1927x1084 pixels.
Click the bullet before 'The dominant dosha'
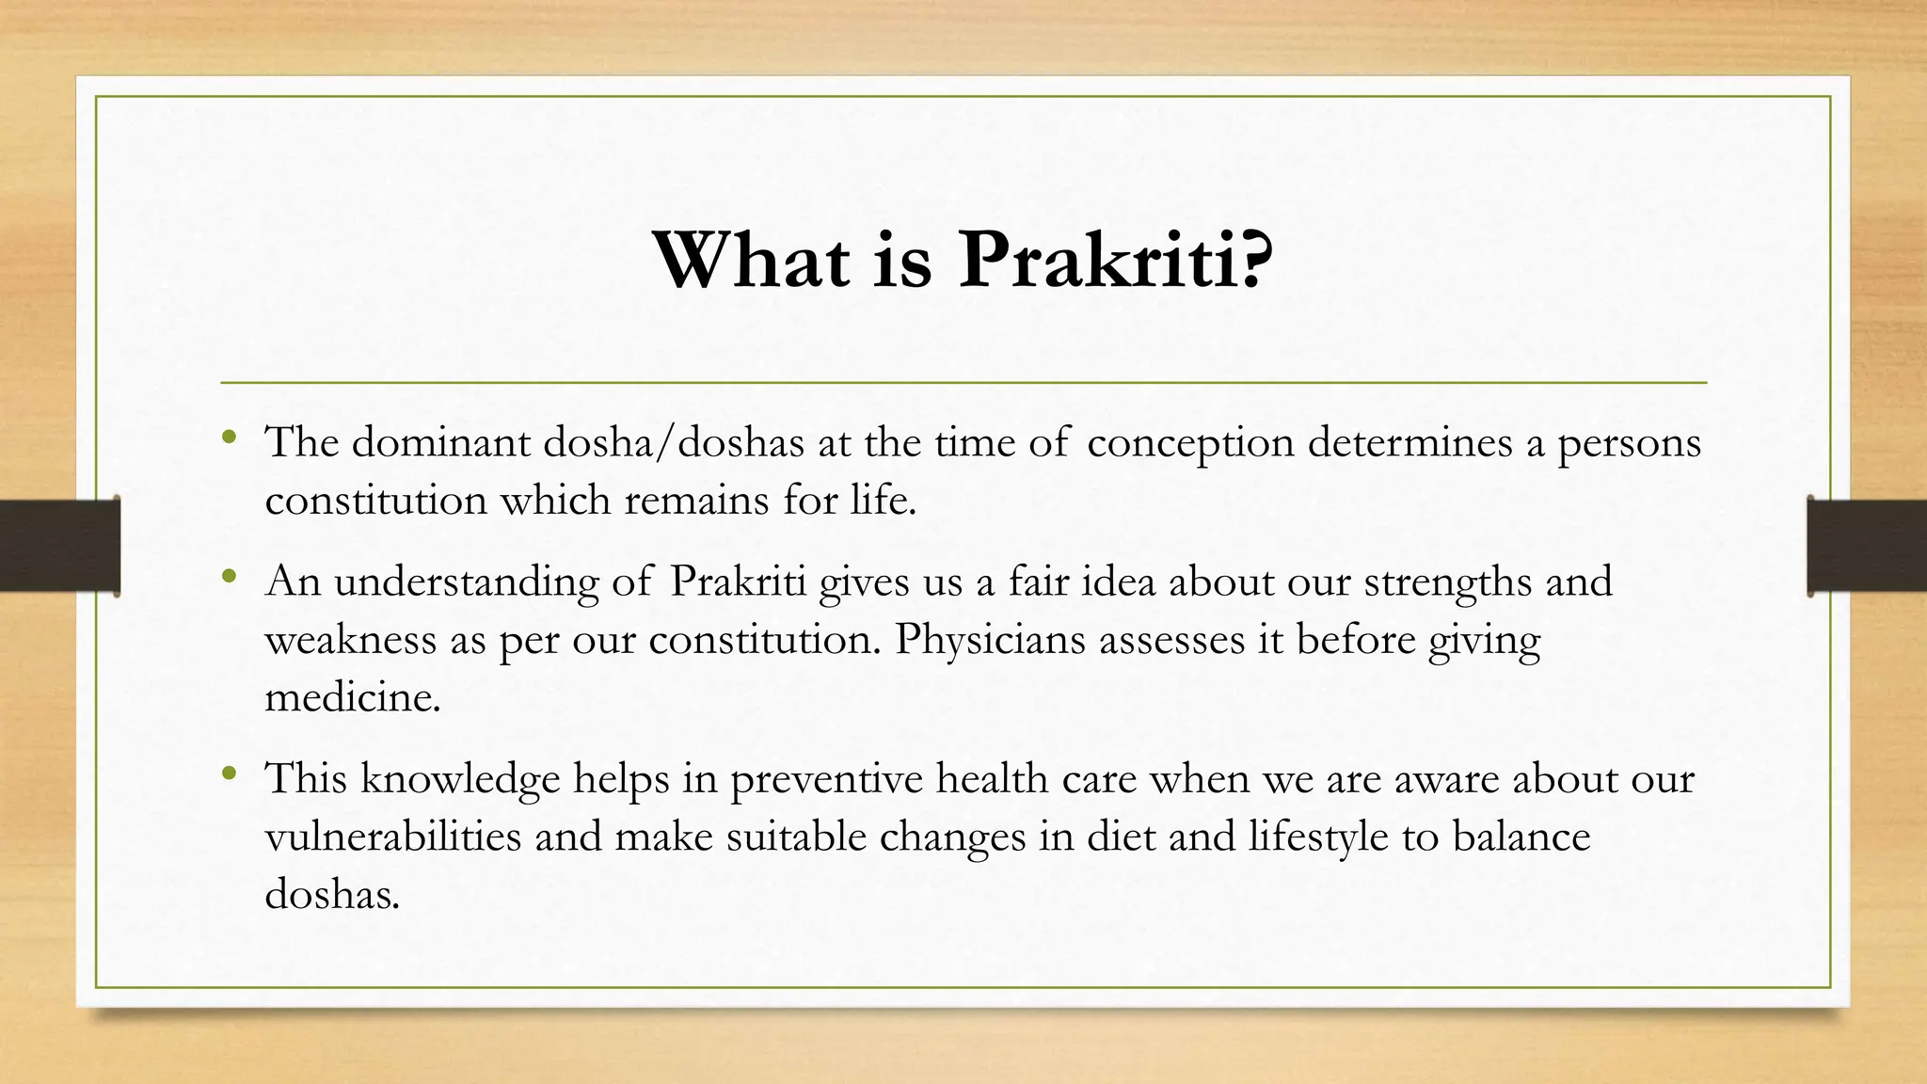(230, 438)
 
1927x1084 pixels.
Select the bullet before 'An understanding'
(230, 577)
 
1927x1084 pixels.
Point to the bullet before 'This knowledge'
(230, 774)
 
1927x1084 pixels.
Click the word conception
(1190, 443)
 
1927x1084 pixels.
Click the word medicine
(353, 698)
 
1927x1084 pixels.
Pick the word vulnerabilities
(393, 837)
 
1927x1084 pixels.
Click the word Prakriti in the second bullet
(738, 582)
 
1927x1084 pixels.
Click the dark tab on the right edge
(1867, 546)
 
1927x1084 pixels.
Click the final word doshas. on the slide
(332, 894)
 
